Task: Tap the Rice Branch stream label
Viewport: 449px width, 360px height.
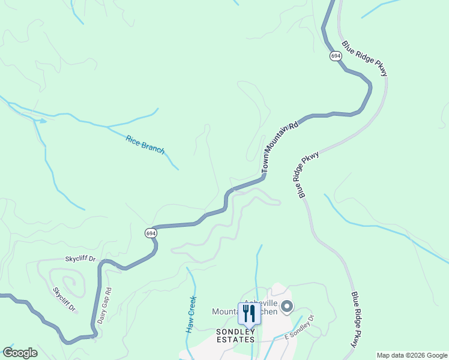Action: coord(145,145)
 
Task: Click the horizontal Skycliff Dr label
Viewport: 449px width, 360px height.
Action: coord(80,259)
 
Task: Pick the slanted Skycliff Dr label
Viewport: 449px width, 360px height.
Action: coord(64,299)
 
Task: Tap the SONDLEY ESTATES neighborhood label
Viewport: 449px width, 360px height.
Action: coord(235,335)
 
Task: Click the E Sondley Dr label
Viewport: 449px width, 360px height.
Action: coord(300,326)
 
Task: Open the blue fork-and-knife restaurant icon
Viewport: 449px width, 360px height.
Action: coord(249,313)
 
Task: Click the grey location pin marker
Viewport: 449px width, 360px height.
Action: coord(287,307)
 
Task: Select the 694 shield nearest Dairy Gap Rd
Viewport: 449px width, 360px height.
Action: coord(150,232)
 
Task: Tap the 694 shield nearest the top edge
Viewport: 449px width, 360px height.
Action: coord(336,55)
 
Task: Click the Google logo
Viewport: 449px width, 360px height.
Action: coord(20,353)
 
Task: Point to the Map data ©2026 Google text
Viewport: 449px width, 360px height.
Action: coord(412,355)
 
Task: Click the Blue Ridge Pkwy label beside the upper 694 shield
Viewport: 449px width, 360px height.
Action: coord(365,58)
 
